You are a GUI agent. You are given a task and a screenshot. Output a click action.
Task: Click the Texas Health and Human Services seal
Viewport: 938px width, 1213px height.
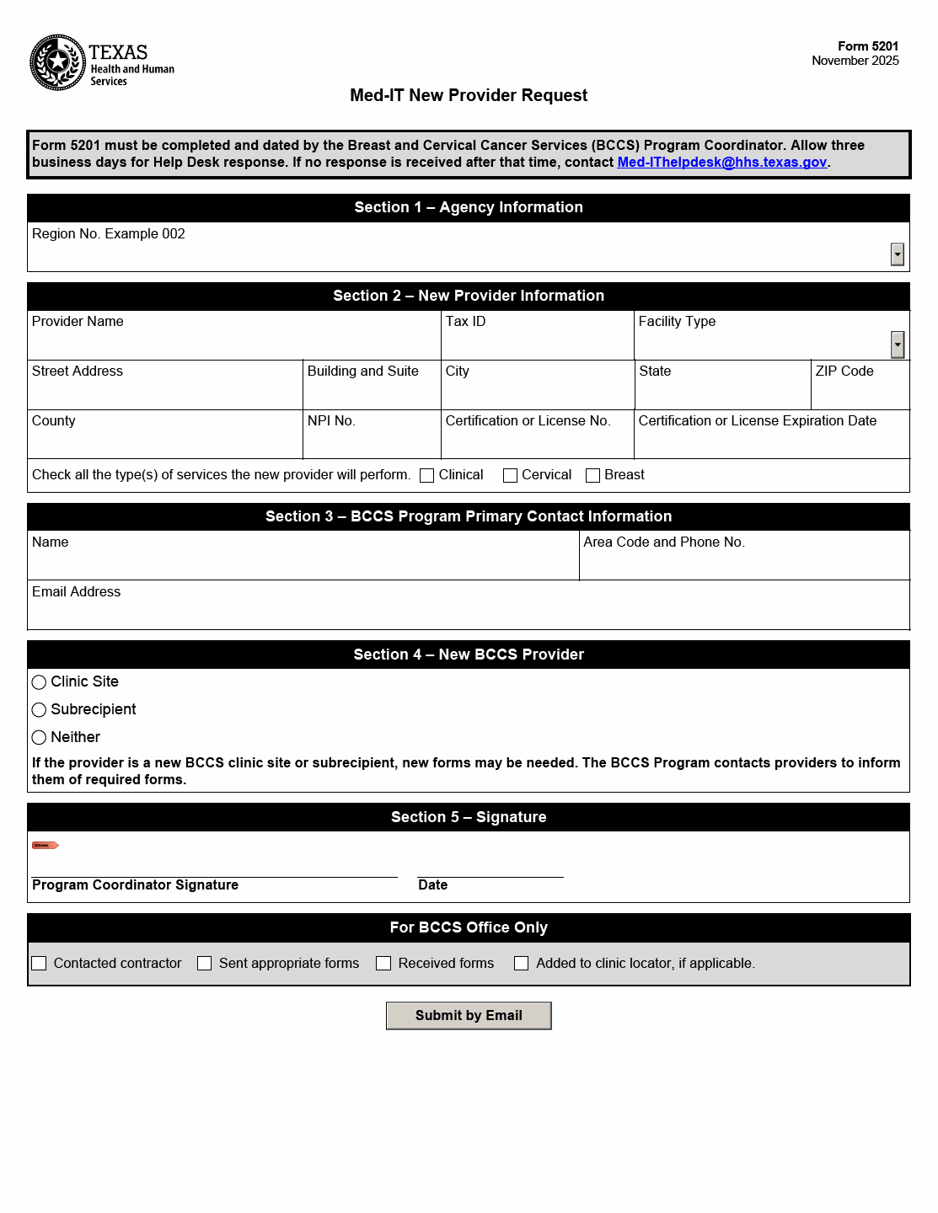[x=57, y=62]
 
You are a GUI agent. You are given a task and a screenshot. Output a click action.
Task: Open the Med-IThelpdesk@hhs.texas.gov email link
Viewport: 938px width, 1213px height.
[x=721, y=163]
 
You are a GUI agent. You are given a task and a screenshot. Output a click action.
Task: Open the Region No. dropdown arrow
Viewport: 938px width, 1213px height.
[x=898, y=254]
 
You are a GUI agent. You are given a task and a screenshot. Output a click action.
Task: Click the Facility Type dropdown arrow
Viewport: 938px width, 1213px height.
[x=898, y=344]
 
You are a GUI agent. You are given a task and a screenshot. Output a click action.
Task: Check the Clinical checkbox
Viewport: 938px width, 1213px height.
[x=427, y=476]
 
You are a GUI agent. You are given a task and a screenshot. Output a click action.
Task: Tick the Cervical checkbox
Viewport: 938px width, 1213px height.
[x=510, y=476]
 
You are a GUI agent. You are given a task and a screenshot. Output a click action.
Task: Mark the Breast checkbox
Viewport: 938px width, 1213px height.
[x=592, y=476]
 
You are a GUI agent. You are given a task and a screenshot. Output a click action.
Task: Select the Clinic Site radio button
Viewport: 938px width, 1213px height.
[x=39, y=682]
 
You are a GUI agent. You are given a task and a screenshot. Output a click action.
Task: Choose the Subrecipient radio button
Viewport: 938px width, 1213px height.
[x=39, y=710]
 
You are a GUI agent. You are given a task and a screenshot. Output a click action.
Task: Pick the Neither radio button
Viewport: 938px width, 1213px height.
[x=39, y=738]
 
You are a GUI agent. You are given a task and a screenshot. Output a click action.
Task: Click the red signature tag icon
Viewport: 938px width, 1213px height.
[x=45, y=845]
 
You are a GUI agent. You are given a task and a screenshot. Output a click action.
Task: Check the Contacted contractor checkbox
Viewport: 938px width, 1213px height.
[x=39, y=964]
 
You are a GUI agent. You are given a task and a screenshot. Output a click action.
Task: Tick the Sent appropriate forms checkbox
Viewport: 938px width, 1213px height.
[x=204, y=964]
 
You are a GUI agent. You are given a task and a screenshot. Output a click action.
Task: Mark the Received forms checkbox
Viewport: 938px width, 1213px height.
[x=383, y=964]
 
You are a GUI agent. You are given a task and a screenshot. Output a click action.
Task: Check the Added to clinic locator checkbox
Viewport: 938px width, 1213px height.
[x=522, y=964]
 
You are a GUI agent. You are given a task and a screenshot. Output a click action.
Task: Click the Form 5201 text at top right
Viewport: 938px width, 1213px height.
[x=867, y=46]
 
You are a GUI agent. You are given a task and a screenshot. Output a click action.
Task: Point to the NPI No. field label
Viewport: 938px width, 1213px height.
[x=331, y=421]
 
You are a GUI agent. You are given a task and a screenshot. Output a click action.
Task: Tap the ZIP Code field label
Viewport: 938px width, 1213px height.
[x=844, y=371]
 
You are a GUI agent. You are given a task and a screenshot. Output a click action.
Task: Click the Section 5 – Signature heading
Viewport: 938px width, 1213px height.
[x=469, y=817]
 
